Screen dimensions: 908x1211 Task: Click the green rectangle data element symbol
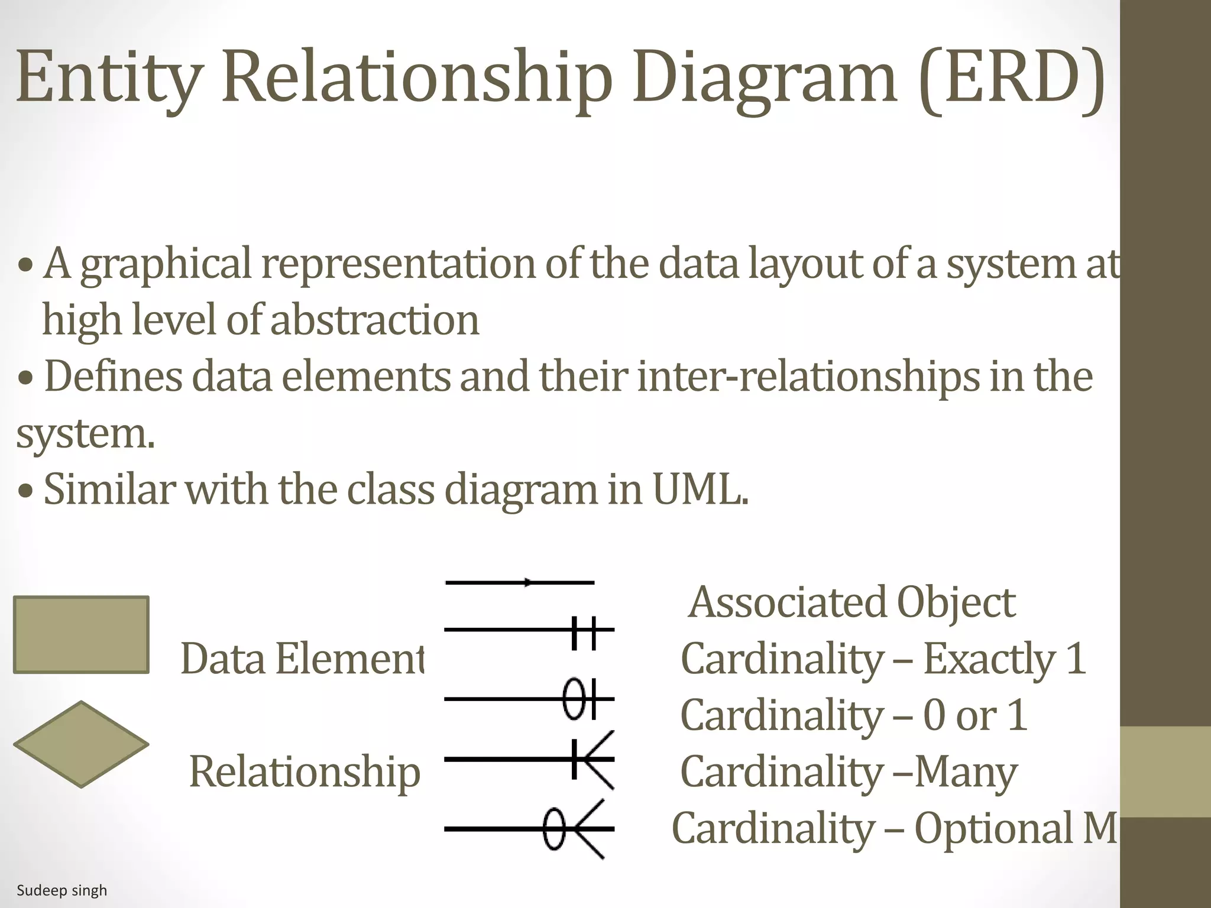(81, 635)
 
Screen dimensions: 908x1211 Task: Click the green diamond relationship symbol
(81, 744)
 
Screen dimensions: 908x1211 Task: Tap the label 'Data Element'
(302, 659)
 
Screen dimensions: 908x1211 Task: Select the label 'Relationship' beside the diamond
(305, 771)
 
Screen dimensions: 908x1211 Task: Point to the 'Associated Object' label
(852, 602)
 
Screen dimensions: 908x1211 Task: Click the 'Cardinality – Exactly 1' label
(883, 659)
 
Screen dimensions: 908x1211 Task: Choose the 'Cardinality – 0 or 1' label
(853, 715)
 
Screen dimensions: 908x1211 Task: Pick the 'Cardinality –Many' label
(849, 771)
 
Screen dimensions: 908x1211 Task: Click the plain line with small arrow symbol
(520, 583)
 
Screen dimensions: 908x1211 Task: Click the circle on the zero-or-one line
(574, 699)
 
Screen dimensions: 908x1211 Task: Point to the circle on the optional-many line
(553, 829)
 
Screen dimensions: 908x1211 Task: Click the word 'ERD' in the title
(1012, 77)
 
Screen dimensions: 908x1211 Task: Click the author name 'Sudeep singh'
(62, 890)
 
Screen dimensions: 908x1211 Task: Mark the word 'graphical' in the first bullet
(166, 264)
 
